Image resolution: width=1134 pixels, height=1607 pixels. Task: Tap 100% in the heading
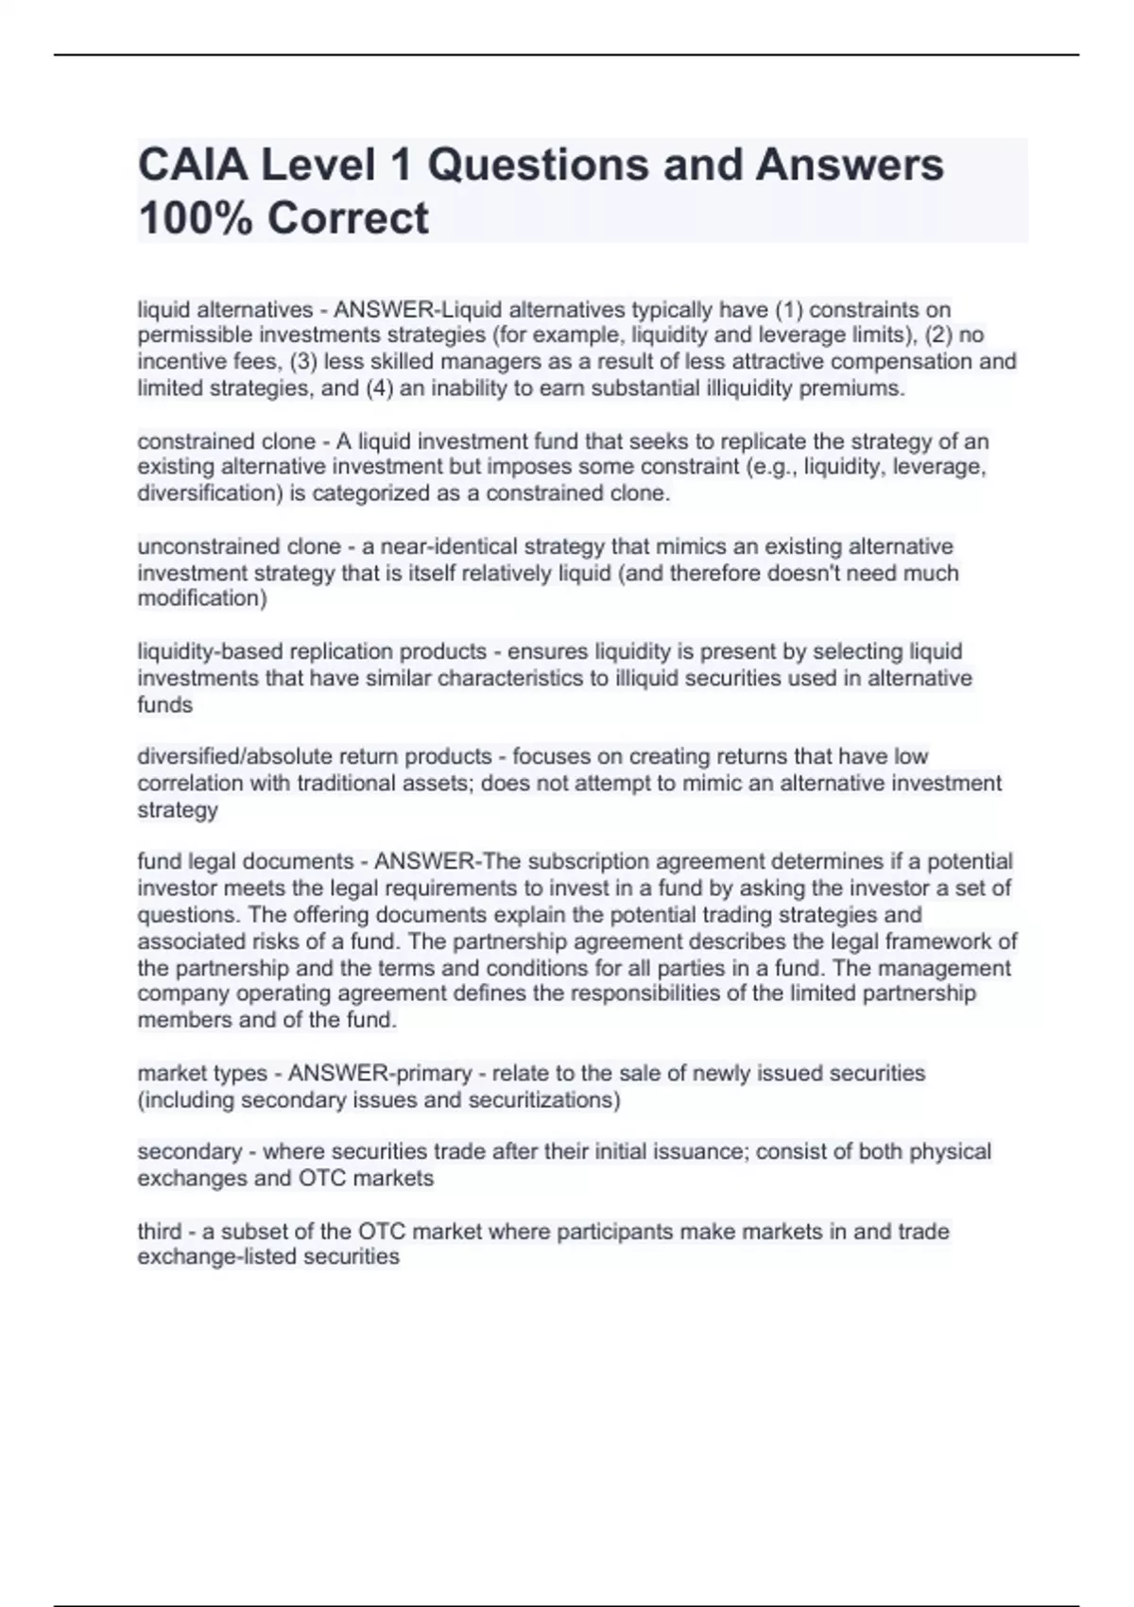195,218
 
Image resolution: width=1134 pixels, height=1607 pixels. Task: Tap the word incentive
177,362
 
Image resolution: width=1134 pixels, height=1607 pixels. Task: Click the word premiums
851,389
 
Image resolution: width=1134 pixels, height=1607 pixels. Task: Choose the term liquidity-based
210,651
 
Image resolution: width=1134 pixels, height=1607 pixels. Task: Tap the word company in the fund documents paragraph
183,994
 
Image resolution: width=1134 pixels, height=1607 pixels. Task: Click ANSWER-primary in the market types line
380,1073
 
